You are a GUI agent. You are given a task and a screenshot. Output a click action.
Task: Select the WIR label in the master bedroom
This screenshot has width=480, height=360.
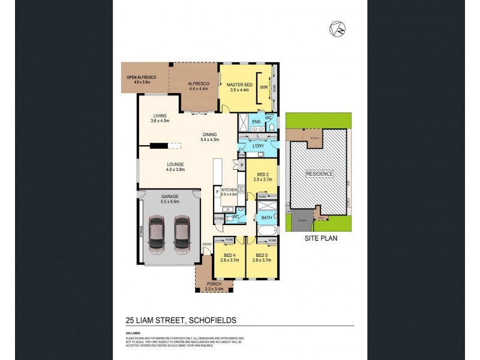click(263, 88)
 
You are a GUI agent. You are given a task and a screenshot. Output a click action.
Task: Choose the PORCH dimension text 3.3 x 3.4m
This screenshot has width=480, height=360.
click(215, 289)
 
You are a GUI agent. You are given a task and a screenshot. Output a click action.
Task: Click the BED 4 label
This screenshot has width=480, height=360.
click(226, 254)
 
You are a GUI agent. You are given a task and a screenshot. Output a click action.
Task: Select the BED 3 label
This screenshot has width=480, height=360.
click(260, 254)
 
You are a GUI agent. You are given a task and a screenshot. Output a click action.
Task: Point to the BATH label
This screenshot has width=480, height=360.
click(266, 217)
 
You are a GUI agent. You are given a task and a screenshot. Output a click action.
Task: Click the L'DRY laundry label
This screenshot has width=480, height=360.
click(259, 146)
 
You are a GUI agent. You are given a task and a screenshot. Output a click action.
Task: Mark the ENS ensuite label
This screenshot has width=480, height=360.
click(256, 122)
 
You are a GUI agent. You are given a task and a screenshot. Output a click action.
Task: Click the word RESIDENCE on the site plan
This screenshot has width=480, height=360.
click(319, 174)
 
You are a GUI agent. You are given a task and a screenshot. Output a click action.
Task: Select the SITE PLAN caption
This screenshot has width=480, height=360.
click(318, 238)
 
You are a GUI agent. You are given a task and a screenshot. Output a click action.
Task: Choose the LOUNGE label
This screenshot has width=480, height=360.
click(175, 164)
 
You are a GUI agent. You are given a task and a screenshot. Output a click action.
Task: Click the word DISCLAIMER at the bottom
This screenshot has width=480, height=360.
click(133, 331)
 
